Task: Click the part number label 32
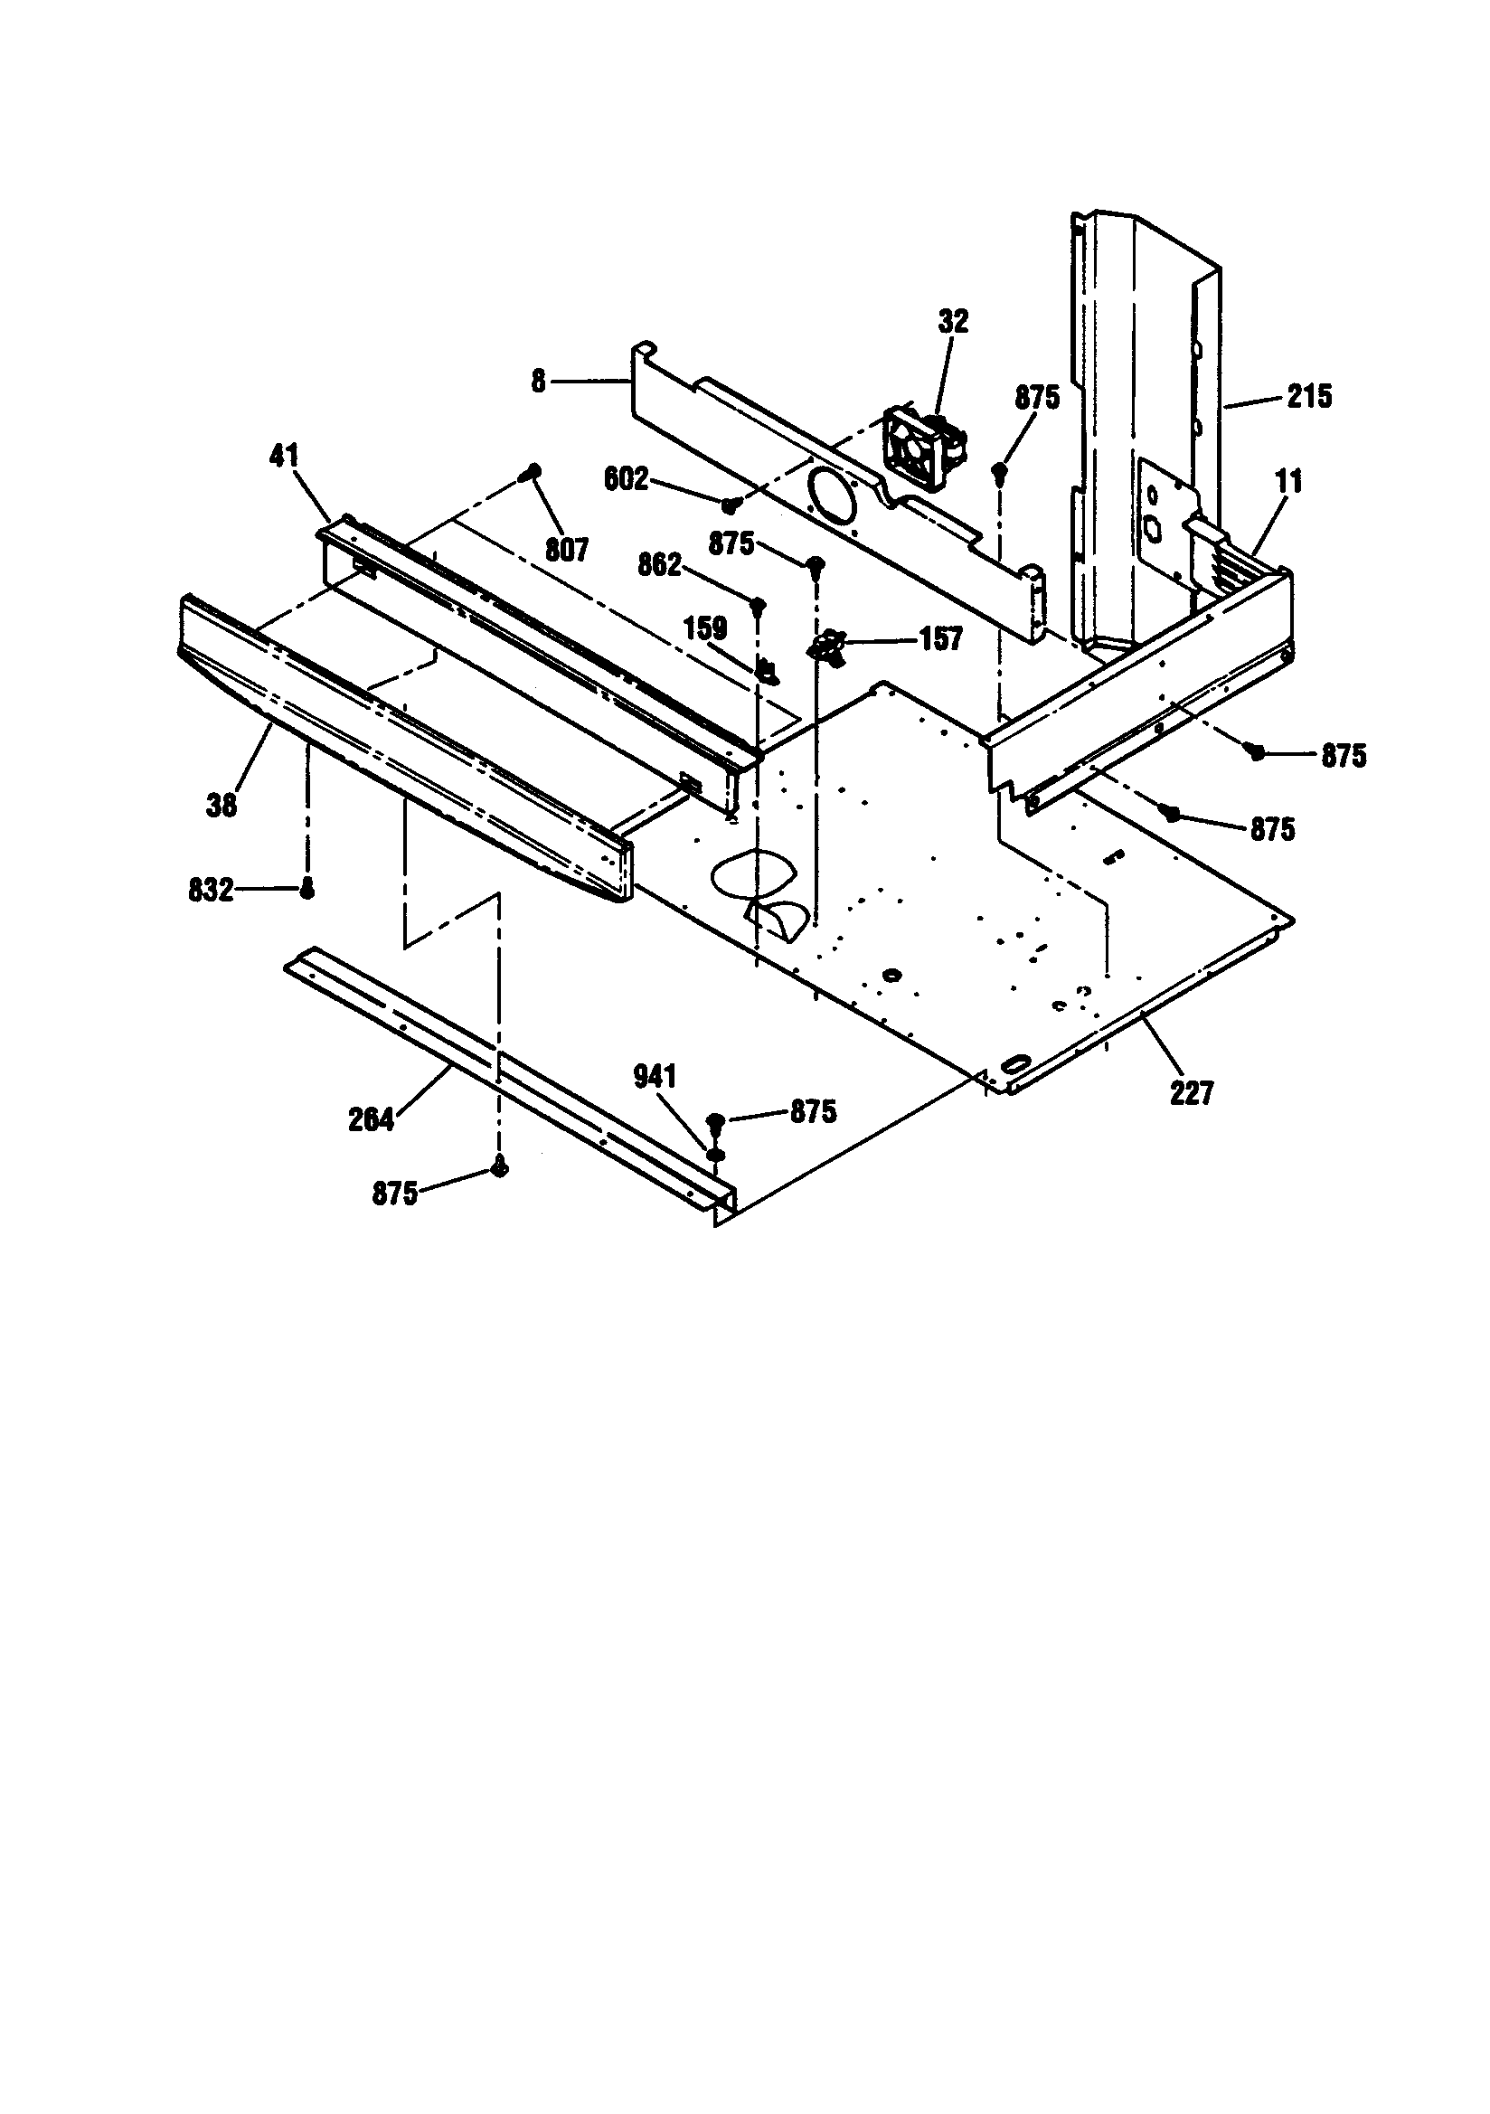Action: [953, 321]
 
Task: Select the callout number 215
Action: [1308, 397]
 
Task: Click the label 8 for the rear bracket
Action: [538, 381]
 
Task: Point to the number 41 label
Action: [284, 455]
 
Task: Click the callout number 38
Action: [221, 805]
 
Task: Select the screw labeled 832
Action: [308, 889]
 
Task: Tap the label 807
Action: [566, 550]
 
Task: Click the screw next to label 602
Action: [731, 504]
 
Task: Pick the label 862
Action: [659, 564]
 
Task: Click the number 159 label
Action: [704, 628]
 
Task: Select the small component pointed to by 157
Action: [828, 645]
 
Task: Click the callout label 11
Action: [1289, 481]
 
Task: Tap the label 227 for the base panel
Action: [1192, 1094]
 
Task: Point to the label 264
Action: [371, 1119]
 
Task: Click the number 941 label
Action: [655, 1076]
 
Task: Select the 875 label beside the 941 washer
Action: [813, 1111]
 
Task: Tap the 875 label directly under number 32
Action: [1037, 398]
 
